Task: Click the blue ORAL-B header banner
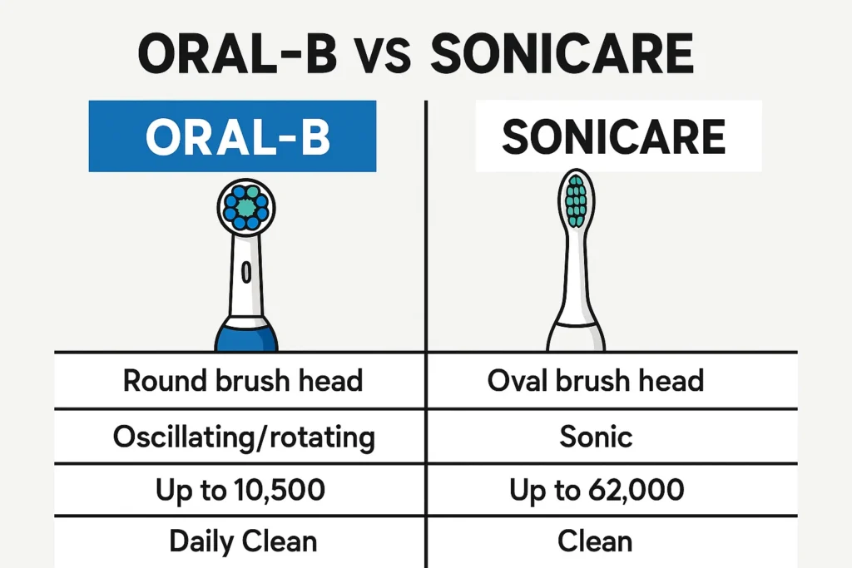233,136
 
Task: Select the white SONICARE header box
618,136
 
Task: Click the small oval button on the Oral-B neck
246,272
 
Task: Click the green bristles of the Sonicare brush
576,201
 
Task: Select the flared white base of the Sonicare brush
576,337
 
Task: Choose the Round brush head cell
240,381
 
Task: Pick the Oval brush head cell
612,381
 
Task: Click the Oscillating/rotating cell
240,437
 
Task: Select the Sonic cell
612,437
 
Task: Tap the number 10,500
280,489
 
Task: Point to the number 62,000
637,489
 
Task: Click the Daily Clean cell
240,542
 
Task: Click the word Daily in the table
201,542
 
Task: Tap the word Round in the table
166,380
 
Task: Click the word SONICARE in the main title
562,54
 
